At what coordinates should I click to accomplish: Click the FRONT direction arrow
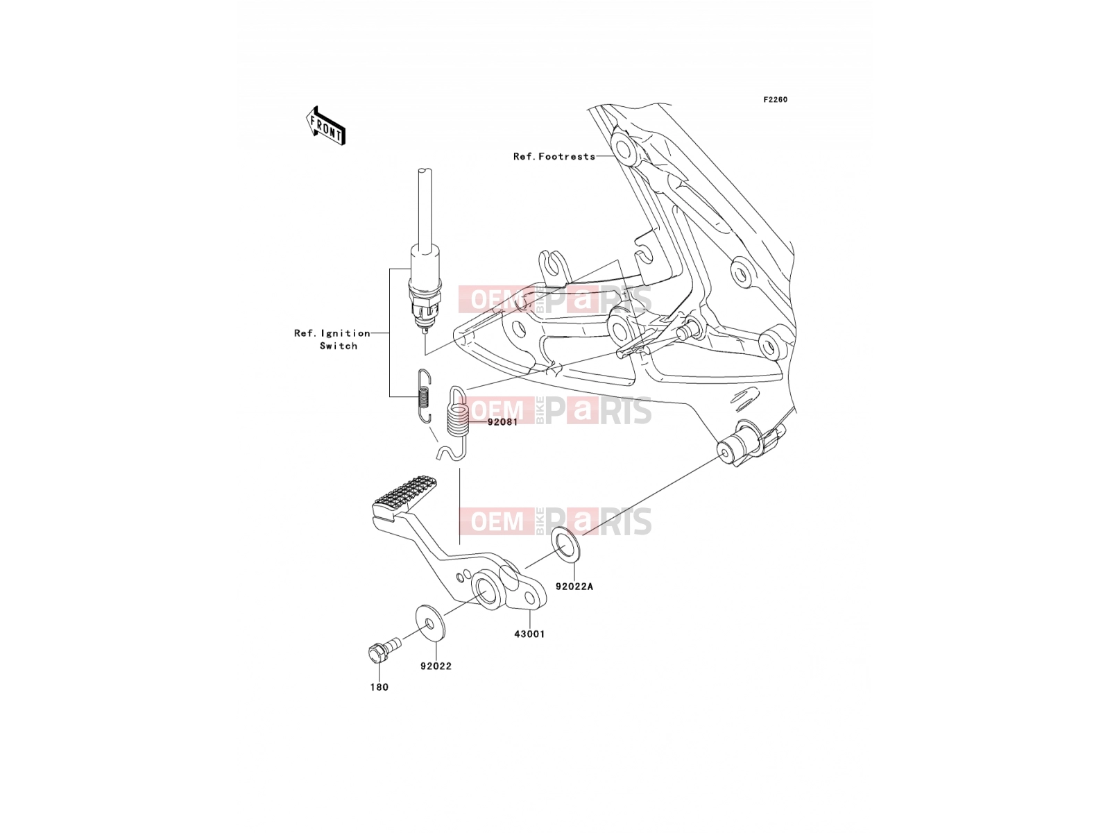point(325,126)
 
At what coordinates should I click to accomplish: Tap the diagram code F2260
point(775,100)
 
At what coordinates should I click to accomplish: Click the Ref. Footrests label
point(554,157)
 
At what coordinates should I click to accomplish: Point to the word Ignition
point(346,333)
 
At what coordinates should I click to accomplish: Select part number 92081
point(503,422)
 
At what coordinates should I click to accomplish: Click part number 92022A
point(574,587)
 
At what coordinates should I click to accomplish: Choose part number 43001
point(529,634)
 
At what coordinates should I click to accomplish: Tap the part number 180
point(379,687)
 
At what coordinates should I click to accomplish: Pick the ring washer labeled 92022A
point(566,545)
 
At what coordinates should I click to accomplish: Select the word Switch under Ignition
point(339,346)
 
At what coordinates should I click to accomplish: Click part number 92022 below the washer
point(436,666)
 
